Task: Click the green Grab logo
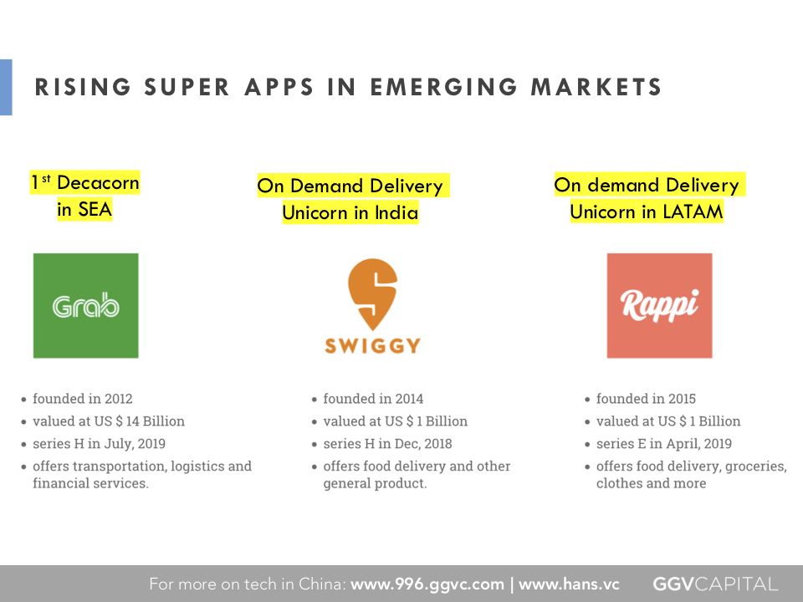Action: point(85,306)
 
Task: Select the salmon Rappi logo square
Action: point(659,306)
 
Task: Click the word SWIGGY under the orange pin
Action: point(373,346)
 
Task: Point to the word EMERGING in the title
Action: point(443,87)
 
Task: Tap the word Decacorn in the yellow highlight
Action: point(98,183)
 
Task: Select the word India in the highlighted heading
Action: point(396,212)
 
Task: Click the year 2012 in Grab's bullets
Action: point(118,399)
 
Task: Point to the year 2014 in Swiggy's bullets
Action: point(409,399)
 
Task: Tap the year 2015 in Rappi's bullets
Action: point(682,399)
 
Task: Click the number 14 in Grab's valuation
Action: point(133,421)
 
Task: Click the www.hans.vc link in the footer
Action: point(569,584)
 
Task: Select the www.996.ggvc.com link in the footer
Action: point(427,584)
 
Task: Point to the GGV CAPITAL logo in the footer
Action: point(715,584)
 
